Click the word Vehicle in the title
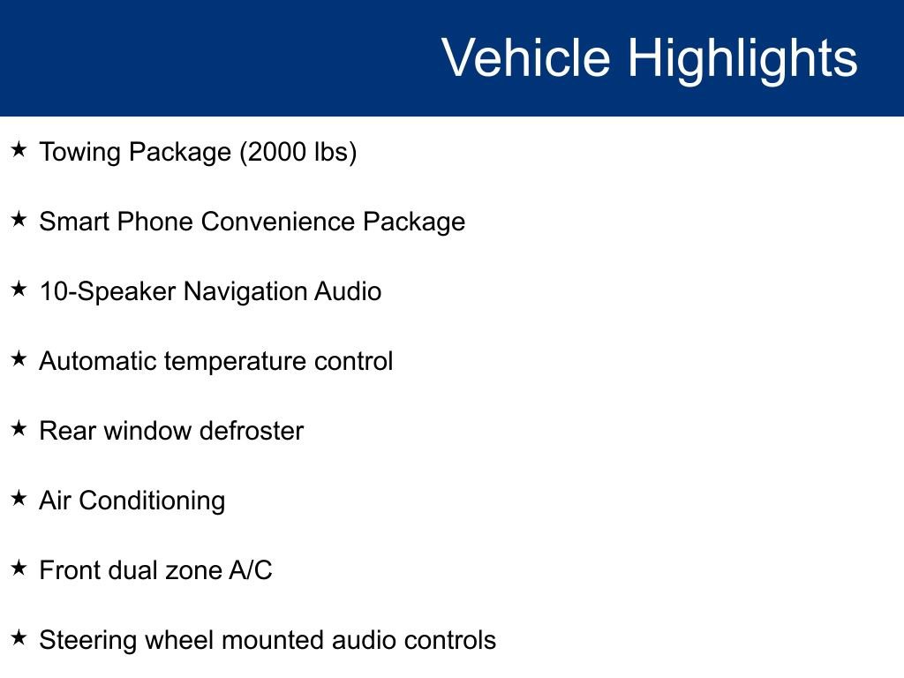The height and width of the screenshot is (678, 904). coord(525,57)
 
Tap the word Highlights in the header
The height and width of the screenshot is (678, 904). coord(742,61)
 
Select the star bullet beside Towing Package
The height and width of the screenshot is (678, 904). coord(19,149)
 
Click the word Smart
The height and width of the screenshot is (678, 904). coord(74,222)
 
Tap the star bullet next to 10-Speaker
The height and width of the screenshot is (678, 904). coord(19,289)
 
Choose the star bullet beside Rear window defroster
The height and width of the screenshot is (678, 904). coord(19,428)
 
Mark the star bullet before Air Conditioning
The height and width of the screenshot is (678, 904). coord(19,498)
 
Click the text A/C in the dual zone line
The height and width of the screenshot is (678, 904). coord(251,570)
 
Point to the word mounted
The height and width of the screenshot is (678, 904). coord(273,640)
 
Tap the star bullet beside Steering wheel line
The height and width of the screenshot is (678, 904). coord(19,637)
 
